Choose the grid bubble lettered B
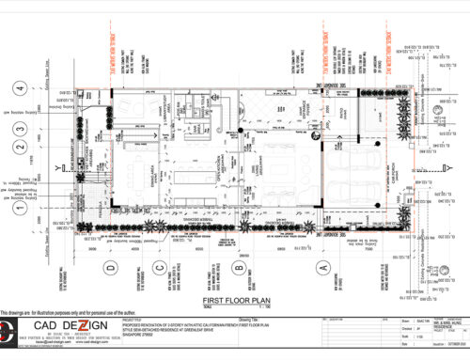click(240, 269)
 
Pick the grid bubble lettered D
click(110, 269)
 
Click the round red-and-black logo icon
click(8, 331)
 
